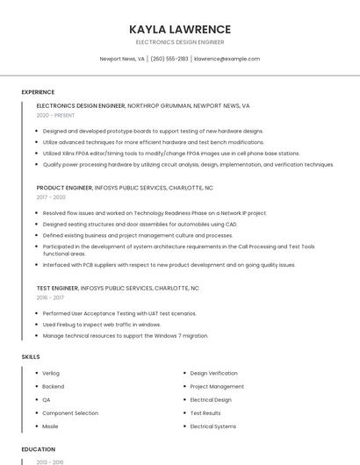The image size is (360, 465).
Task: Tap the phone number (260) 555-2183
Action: point(169,59)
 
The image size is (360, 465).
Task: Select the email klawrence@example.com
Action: point(227,59)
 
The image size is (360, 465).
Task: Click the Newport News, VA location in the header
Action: point(122,59)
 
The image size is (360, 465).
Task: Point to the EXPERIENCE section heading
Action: point(38,92)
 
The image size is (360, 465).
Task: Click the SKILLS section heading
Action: point(31,357)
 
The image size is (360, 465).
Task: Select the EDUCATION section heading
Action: point(39,449)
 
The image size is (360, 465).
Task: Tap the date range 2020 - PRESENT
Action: point(55,115)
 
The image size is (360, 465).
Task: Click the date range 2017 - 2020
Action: point(51,197)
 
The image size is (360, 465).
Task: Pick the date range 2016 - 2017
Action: point(51,297)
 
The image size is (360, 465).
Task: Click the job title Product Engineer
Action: point(64,188)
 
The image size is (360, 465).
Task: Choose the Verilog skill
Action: point(51,373)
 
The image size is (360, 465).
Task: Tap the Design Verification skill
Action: point(213,373)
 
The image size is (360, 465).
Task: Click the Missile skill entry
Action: point(50,426)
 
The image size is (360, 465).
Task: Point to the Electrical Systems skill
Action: point(212,426)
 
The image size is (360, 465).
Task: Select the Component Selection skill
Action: point(70,413)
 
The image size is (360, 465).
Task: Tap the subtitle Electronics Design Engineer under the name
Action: point(179,42)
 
